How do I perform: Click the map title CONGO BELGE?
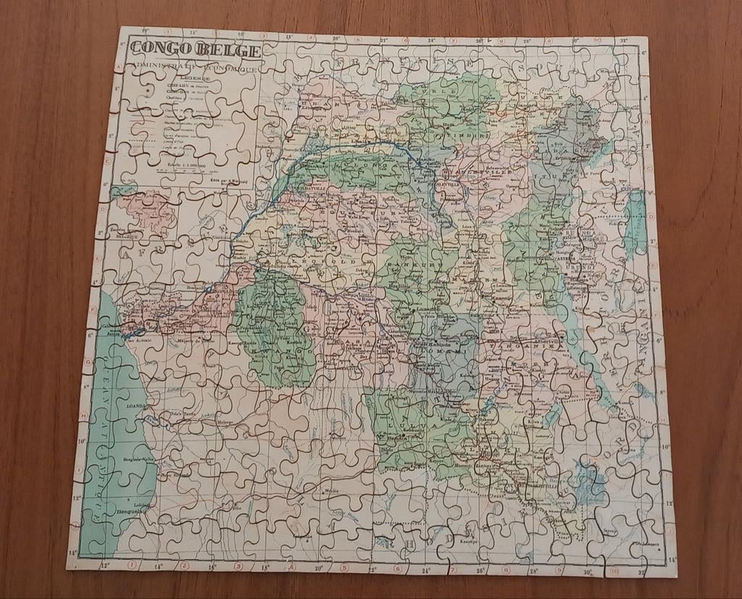click(195, 49)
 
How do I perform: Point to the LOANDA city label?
click(136, 407)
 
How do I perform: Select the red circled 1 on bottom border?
click(132, 565)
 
